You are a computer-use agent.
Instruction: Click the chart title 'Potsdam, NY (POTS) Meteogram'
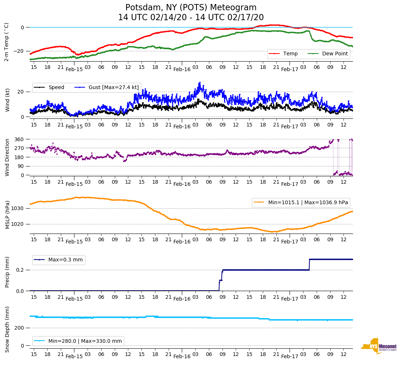pos(191,8)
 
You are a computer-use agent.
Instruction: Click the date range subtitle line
pos(191,18)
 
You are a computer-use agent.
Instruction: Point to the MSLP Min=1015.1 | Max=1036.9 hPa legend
pos(301,203)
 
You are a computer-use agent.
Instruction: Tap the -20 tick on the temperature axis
pos(19,51)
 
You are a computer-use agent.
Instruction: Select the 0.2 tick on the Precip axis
pos(21,270)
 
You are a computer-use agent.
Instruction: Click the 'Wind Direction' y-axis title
pos(7,157)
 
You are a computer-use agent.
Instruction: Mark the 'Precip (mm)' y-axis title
pos(7,272)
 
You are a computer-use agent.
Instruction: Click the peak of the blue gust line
pos(200,82)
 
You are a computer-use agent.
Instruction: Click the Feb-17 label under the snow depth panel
pos(290,356)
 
